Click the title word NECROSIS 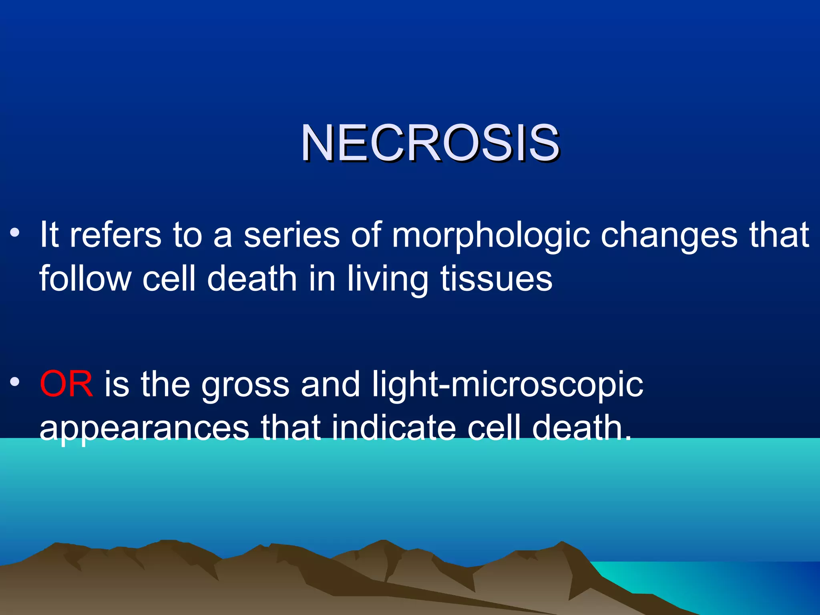coord(430,143)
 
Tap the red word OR coord(66,384)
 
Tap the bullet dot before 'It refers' coord(15,233)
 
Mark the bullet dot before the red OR coord(15,382)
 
